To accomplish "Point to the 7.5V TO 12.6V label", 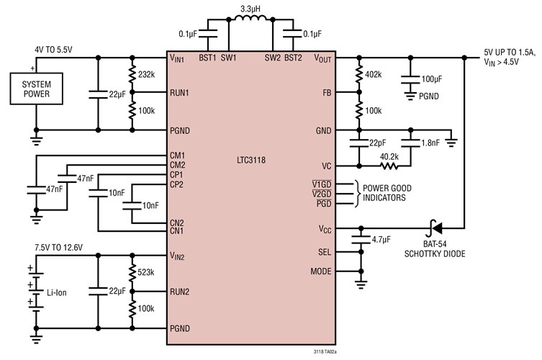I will click(58, 246).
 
